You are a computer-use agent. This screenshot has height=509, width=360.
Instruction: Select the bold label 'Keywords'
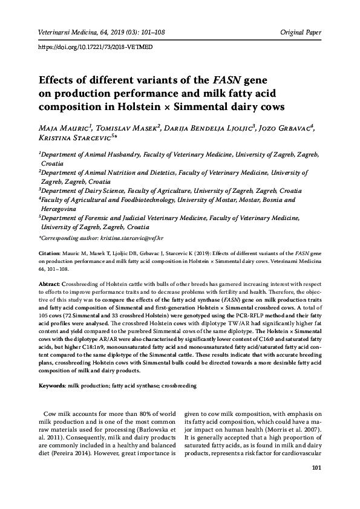click(51, 385)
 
